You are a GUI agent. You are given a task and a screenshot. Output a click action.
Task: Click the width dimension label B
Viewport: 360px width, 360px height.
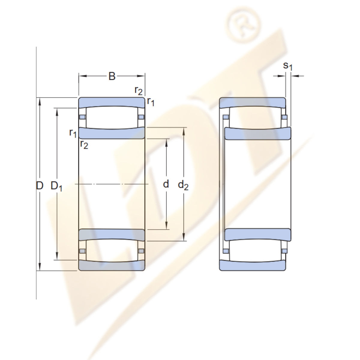[x=112, y=76]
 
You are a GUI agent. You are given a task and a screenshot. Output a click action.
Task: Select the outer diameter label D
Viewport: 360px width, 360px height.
[x=40, y=185]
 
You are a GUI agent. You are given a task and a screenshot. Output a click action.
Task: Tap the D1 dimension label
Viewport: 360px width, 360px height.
[x=56, y=186]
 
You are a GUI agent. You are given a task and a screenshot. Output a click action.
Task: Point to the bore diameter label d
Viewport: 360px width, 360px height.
[x=166, y=184]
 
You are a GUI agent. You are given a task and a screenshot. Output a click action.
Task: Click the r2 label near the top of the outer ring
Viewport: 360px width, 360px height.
[x=139, y=91]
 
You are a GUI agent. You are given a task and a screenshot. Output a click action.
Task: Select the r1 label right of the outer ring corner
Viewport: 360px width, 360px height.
[x=151, y=102]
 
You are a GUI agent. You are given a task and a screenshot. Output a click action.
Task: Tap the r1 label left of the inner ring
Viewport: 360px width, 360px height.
[x=73, y=133]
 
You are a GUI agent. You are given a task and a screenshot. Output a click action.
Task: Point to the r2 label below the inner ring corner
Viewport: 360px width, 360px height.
[x=84, y=144]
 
